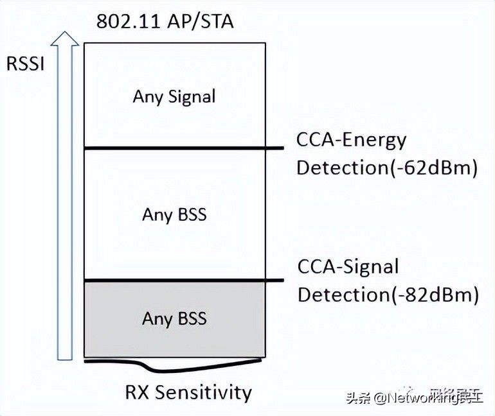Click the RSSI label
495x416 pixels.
tap(25, 64)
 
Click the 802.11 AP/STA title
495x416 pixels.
tap(165, 21)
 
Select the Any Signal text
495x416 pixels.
tap(174, 96)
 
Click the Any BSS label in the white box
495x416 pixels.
tap(174, 214)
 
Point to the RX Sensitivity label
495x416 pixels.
tap(188, 392)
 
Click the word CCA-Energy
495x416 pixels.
tap(351, 139)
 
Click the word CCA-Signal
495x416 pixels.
tap(348, 266)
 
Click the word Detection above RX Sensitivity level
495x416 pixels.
tap(340, 295)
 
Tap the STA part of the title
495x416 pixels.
tap(217, 21)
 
